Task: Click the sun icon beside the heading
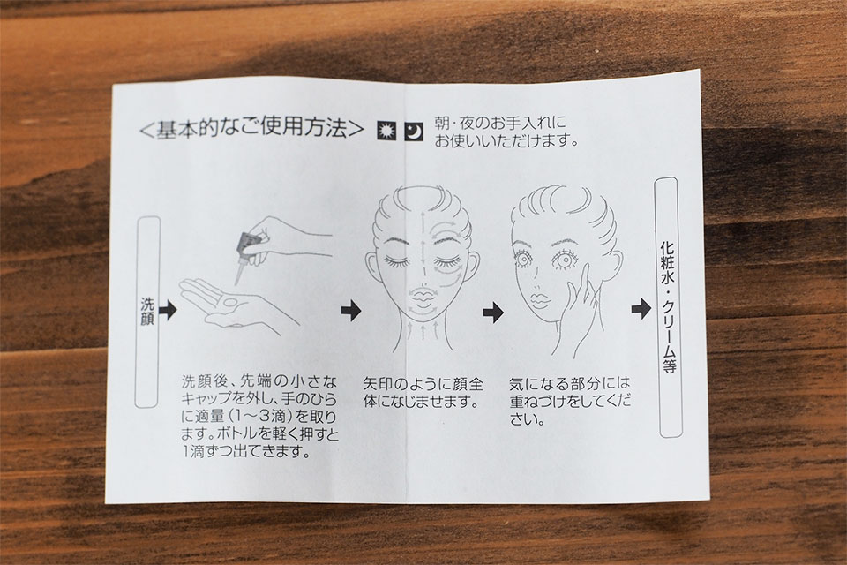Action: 386,130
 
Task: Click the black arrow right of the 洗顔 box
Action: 168,310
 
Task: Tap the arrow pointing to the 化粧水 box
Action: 641,310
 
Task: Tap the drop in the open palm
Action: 227,300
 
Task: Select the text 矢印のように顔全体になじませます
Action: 423,394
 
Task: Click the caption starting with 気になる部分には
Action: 569,402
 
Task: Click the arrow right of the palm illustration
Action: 350,310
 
